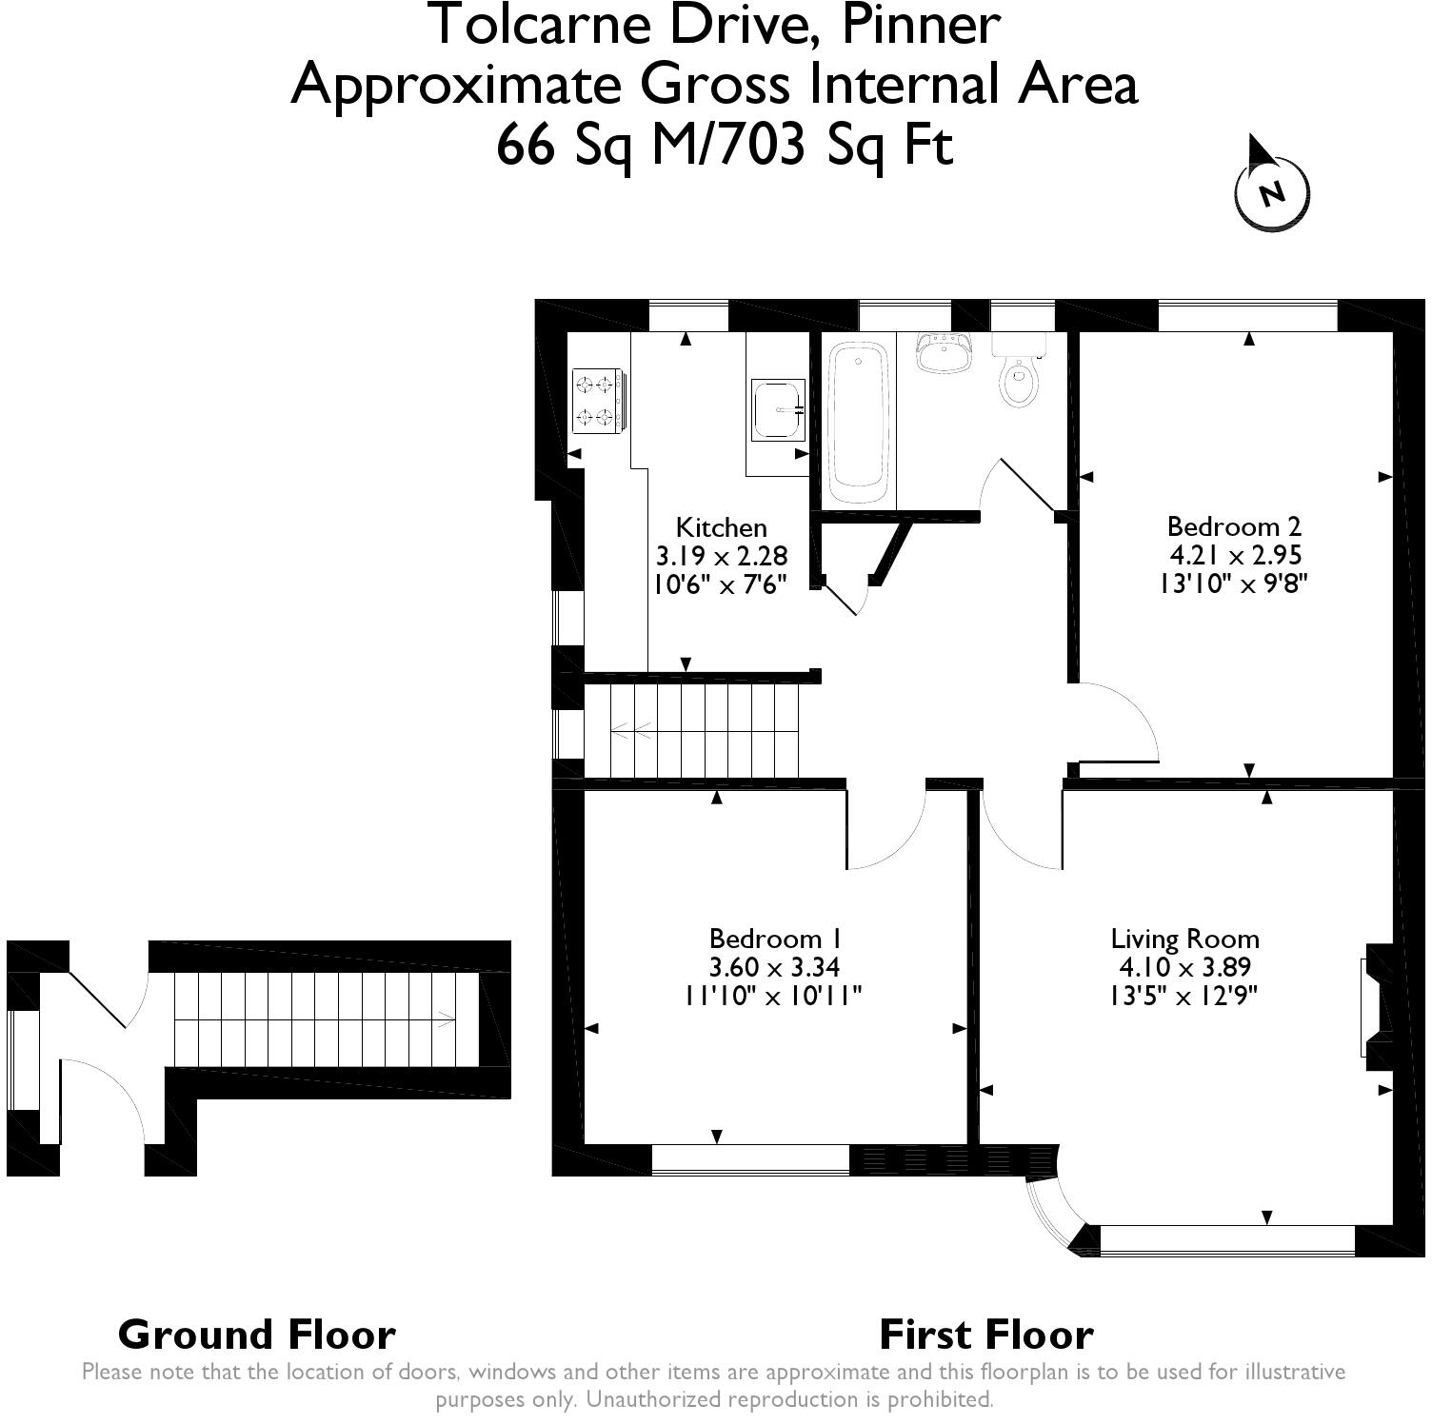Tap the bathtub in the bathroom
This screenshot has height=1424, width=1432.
(860, 425)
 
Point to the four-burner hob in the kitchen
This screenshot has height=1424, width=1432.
(598, 400)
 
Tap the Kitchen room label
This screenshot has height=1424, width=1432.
(721, 527)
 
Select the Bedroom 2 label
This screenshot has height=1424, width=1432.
(1234, 526)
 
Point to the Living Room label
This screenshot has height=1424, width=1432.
(1185, 939)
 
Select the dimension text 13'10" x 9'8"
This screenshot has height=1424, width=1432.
(1234, 583)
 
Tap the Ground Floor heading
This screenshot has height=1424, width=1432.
(257, 1335)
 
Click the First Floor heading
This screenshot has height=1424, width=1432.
(986, 1335)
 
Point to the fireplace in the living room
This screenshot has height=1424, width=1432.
(1377, 1007)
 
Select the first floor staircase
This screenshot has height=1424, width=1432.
(690, 731)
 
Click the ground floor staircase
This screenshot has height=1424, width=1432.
(326, 1019)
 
